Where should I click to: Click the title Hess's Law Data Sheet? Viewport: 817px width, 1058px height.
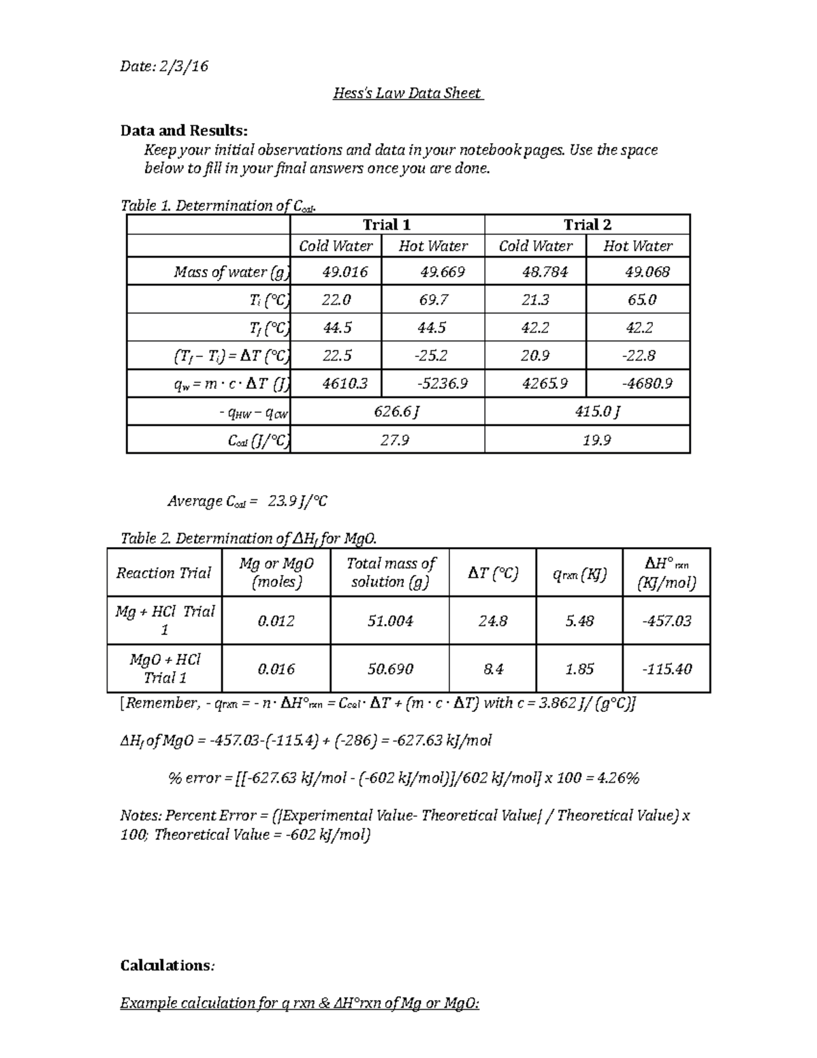[x=407, y=93]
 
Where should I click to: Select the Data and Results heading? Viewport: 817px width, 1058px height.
[x=184, y=130]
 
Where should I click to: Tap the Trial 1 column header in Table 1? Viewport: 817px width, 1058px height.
[x=387, y=225]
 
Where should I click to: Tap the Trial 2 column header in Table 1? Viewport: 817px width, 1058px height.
[x=587, y=225]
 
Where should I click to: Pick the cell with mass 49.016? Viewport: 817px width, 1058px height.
[x=345, y=273]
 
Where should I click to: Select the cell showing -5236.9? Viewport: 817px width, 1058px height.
[x=442, y=384]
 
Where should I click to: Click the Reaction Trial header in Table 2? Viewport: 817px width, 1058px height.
[x=163, y=573]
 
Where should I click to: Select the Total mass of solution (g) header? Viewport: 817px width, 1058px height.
[x=390, y=572]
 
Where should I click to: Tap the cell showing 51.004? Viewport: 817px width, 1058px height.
[x=390, y=621]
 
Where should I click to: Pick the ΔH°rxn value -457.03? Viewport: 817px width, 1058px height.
[x=667, y=621]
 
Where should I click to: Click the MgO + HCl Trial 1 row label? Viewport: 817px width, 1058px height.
[x=165, y=668]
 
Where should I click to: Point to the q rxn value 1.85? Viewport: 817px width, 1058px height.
[x=579, y=670]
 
